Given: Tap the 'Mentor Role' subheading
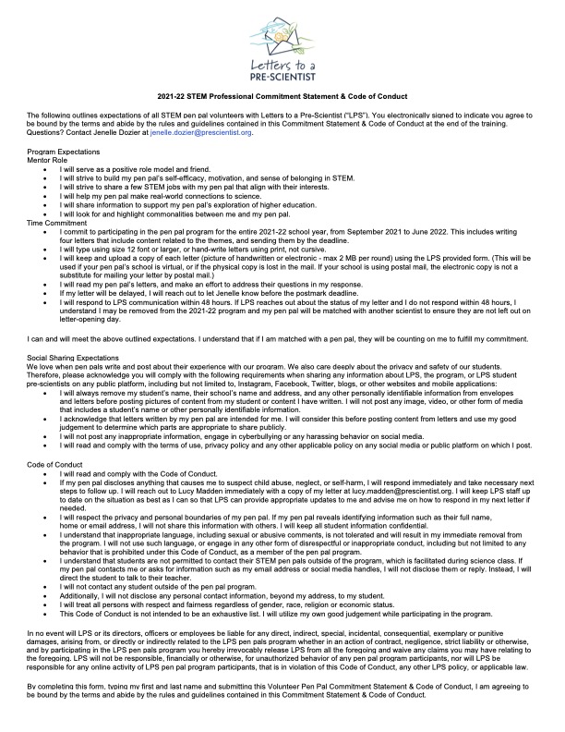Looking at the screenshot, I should click(x=48, y=159).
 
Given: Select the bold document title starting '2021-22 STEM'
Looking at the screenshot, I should click(x=282, y=96).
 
